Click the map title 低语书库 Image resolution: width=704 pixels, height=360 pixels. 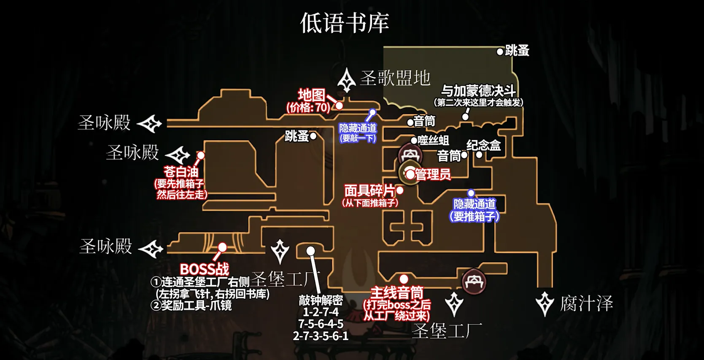point(344,23)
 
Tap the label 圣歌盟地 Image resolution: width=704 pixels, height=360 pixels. point(395,78)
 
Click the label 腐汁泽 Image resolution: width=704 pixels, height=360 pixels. point(586,304)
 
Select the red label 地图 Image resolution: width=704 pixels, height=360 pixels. point(311,95)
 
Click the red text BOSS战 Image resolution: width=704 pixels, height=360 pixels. point(205,269)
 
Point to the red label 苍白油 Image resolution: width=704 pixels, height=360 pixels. point(181,172)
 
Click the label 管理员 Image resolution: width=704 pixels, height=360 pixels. point(433,174)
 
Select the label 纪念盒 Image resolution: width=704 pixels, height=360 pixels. point(483,146)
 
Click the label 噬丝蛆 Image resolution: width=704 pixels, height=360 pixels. point(433,141)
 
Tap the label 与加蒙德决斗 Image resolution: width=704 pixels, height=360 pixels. point(478,91)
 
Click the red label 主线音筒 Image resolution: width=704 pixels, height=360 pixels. point(397,292)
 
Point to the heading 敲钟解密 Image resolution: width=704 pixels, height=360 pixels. point(321,300)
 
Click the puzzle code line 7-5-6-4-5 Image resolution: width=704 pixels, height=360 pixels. point(321,324)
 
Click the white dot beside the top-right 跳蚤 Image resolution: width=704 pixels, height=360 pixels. point(500,52)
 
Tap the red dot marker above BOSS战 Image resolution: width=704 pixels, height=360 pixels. point(222,247)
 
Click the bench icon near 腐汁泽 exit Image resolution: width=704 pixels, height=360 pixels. point(474,282)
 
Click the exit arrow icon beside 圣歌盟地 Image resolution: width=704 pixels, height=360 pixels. point(347,80)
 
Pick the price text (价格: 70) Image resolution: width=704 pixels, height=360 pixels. point(308,108)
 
